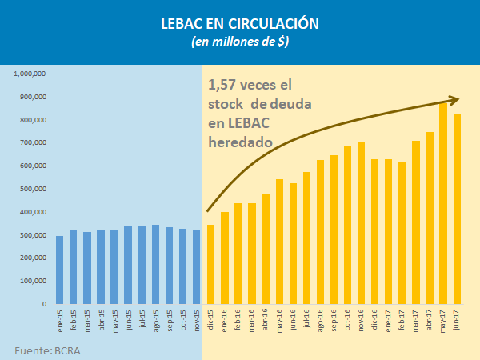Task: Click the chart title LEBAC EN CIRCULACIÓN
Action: tap(240, 23)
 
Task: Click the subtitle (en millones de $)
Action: tap(240, 42)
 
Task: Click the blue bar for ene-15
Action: tap(59, 270)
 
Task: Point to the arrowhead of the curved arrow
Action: tap(454, 100)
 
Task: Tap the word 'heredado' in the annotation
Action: tap(241, 142)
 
